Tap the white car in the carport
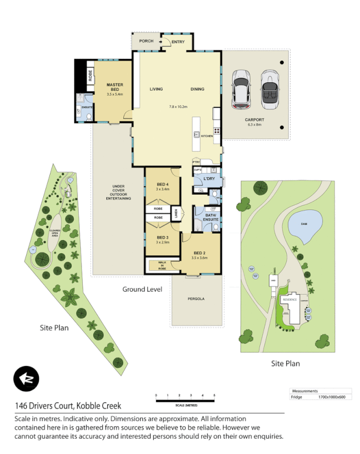[x=241, y=90]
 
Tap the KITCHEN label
[x=206, y=136]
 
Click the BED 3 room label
[x=162, y=237]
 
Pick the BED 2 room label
[x=199, y=253]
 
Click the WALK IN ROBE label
[x=162, y=264]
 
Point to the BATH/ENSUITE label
[x=211, y=217]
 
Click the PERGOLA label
[x=196, y=299]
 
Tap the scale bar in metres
[x=185, y=401]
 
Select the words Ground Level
[x=143, y=289]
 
